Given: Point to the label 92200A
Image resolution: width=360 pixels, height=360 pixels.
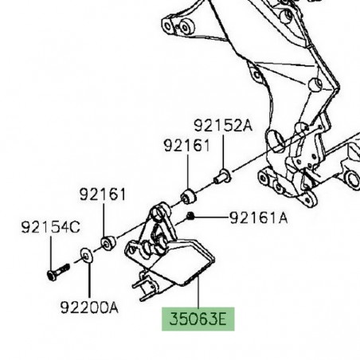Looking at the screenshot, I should tap(88, 305).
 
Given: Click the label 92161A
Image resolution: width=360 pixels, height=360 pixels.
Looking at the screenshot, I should tap(258, 217).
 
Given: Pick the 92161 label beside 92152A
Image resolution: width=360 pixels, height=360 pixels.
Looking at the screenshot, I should tap(187, 145).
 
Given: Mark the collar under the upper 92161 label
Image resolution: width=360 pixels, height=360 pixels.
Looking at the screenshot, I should tap(189, 195).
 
